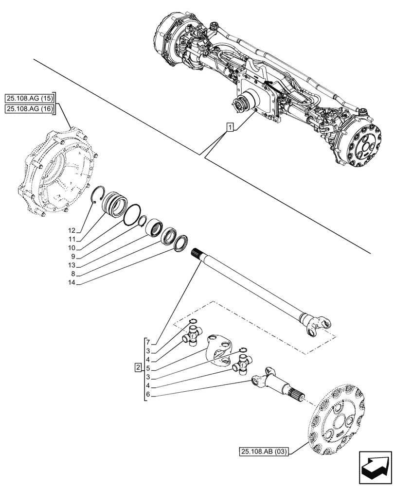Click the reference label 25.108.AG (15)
[30, 98]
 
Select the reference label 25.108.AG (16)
[30, 109]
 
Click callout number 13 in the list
[72, 265]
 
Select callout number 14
[72, 282]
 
